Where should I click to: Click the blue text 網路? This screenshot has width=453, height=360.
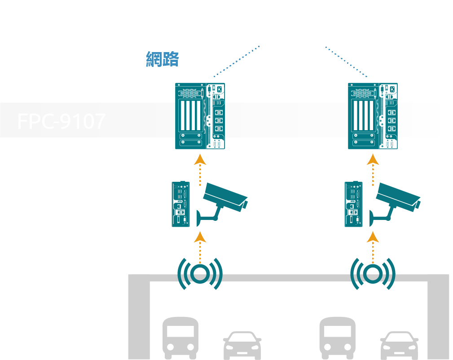click(x=163, y=59)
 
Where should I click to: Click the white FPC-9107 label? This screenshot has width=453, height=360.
click(x=62, y=121)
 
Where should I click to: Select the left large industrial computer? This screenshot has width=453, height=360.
click(x=200, y=116)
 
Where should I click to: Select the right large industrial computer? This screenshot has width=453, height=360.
click(x=373, y=116)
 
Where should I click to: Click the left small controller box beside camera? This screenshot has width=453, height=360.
click(x=180, y=204)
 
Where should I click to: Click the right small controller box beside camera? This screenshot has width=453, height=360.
click(x=353, y=204)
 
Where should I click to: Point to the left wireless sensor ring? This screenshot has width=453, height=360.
click(x=200, y=273)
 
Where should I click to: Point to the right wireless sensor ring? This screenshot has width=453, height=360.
click(x=373, y=273)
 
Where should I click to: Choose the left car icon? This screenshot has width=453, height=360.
click(x=242, y=345)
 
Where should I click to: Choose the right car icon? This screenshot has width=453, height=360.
click(x=399, y=345)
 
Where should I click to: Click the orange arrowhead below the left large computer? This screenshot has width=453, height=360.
click(x=200, y=160)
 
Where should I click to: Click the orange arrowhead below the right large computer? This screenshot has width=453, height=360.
click(x=373, y=160)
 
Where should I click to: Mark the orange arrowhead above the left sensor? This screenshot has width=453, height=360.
click(x=200, y=237)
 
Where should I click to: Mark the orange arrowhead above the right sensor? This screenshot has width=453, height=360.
click(x=373, y=237)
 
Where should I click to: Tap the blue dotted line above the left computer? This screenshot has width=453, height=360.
click(x=237, y=61)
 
